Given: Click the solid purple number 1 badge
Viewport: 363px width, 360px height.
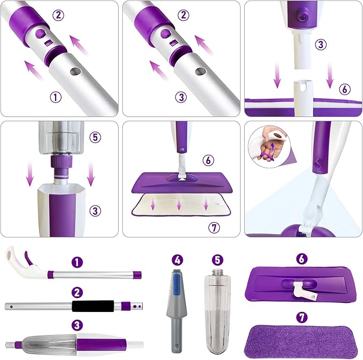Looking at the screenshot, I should (79, 262).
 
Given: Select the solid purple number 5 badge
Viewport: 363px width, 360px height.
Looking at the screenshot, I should (217, 260).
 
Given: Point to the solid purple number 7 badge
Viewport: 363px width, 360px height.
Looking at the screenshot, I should (303, 317).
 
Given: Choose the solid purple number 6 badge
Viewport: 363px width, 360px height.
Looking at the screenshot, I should (303, 259).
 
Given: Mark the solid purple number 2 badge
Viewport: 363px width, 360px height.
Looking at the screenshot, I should (79, 292).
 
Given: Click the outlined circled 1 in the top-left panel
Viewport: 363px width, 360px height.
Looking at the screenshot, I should (55, 97).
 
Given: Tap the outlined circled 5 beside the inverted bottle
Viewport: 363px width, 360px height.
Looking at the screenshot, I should (95, 137).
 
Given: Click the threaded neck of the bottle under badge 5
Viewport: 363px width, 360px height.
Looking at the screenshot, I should (217, 273).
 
